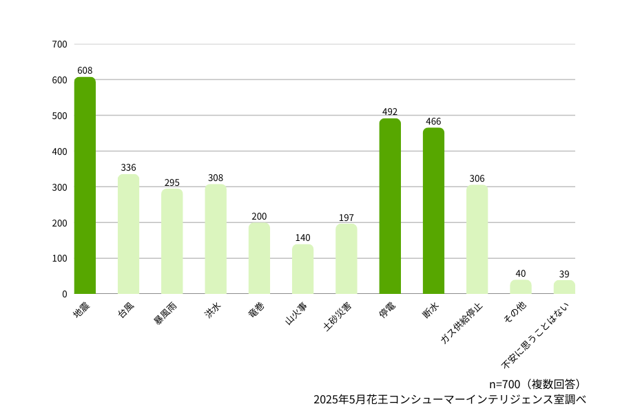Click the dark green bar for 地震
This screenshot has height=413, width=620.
click(85, 186)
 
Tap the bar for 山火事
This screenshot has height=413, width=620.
click(302, 269)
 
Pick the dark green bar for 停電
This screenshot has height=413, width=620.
click(390, 206)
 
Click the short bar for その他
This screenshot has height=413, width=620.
click(520, 287)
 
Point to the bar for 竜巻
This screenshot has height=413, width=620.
click(259, 258)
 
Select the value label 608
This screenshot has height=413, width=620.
click(85, 70)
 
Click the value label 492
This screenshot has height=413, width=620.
click(390, 112)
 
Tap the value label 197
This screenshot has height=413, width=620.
click(346, 218)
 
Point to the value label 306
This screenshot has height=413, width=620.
click(477, 178)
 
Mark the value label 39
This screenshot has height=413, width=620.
click(564, 273)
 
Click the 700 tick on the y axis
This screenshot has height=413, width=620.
click(59, 44)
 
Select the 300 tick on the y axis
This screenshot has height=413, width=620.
click(59, 187)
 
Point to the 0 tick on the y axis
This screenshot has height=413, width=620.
click(64, 294)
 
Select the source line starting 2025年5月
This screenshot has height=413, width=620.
click(449, 399)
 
